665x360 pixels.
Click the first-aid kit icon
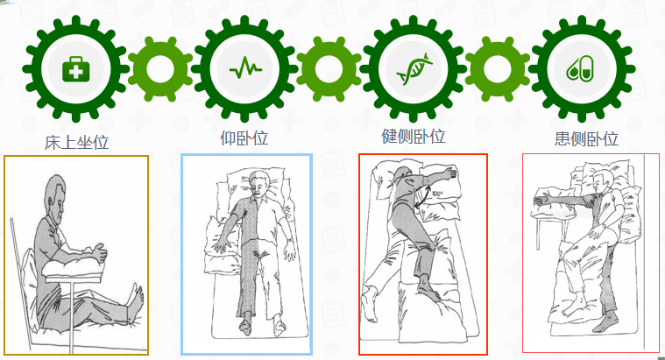[76, 69]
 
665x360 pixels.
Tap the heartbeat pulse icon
[245, 67]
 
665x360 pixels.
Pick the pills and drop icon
[580, 68]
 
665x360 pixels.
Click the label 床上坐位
[77, 143]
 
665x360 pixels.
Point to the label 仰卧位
[244, 138]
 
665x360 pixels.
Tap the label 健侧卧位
[414, 137]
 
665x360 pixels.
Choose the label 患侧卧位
[586, 138]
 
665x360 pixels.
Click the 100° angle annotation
[438, 194]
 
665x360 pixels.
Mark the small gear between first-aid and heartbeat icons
[159, 68]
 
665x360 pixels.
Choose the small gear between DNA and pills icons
[498, 68]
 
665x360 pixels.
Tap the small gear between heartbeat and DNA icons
[329, 68]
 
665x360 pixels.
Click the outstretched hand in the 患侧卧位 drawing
[542, 198]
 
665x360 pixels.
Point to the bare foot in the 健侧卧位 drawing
[369, 303]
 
